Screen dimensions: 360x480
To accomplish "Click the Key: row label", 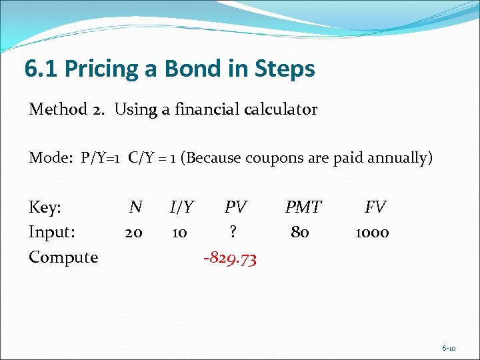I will tap(45, 208).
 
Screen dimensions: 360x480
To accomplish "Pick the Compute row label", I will tap(63, 257).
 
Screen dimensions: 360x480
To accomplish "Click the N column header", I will tap(135, 207).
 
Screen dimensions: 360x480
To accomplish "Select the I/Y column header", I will tap(182, 207).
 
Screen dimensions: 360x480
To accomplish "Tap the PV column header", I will tap(235, 207).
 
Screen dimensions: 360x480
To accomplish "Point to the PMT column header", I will tap(303, 207).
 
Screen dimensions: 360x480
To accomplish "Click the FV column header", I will tap(375, 207).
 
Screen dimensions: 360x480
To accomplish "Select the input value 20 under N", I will tap(133, 232).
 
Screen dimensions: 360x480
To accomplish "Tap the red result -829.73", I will tap(229, 257).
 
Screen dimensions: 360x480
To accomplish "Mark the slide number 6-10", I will tap(449, 348).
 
